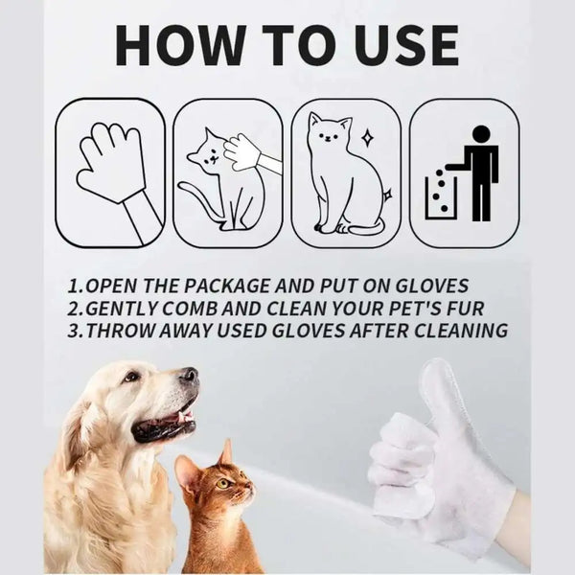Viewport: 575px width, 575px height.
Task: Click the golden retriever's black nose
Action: [190, 376]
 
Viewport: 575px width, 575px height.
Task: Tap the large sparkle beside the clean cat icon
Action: [367, 136]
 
